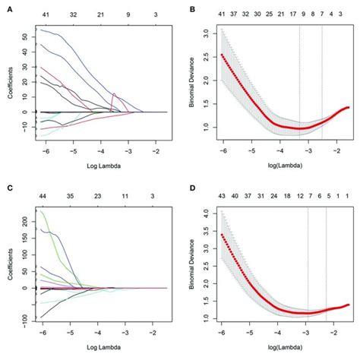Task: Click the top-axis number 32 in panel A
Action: tap(73, 14)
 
